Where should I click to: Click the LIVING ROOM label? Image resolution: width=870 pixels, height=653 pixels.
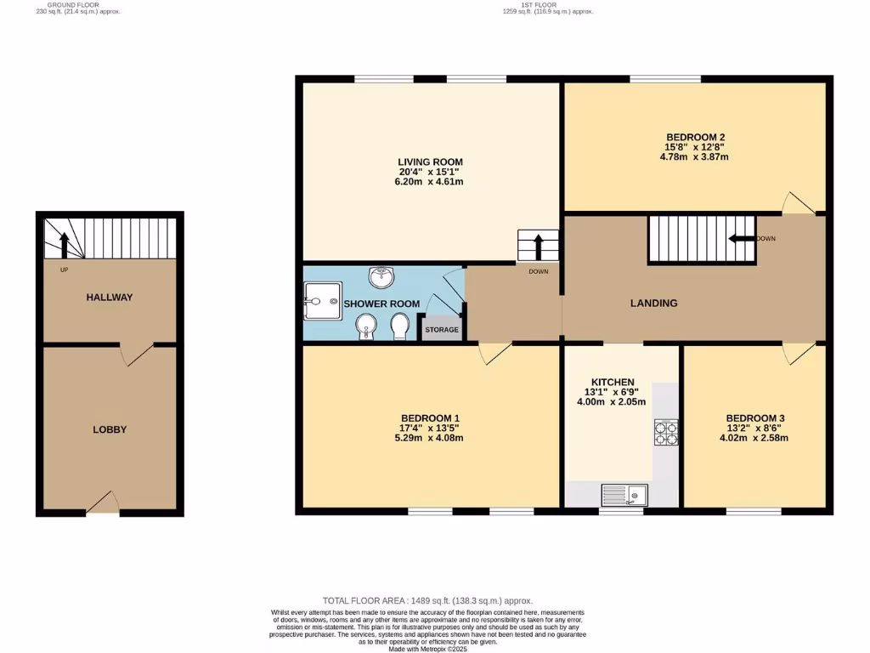(431, 162)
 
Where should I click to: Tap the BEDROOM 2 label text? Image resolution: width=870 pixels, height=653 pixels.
(695, 137)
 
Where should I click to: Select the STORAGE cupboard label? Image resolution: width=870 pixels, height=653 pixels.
(442, 330)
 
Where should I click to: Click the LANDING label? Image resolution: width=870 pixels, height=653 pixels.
(653, 303)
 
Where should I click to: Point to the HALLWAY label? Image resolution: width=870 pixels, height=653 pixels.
(110, 298)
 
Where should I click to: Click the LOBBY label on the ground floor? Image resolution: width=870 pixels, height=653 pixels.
(110, 429)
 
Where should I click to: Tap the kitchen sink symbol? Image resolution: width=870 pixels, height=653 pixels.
(624, 494)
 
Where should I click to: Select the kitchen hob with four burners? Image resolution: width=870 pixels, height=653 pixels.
(665, 432)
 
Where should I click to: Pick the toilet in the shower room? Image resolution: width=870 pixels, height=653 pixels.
(398, 326)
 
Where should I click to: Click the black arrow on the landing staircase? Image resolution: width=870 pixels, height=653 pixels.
(742, 239)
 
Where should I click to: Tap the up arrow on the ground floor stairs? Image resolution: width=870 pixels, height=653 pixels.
(64, 244)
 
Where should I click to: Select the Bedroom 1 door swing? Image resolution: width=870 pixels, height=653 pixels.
(493, 354)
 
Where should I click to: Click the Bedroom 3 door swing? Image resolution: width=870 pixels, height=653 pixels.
(798, 354)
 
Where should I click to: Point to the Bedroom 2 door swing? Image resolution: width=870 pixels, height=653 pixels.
(798, 202)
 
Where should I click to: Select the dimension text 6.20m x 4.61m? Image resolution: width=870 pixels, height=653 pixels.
(431, 182)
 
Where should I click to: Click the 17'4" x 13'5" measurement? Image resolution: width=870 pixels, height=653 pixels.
(432, 428)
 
